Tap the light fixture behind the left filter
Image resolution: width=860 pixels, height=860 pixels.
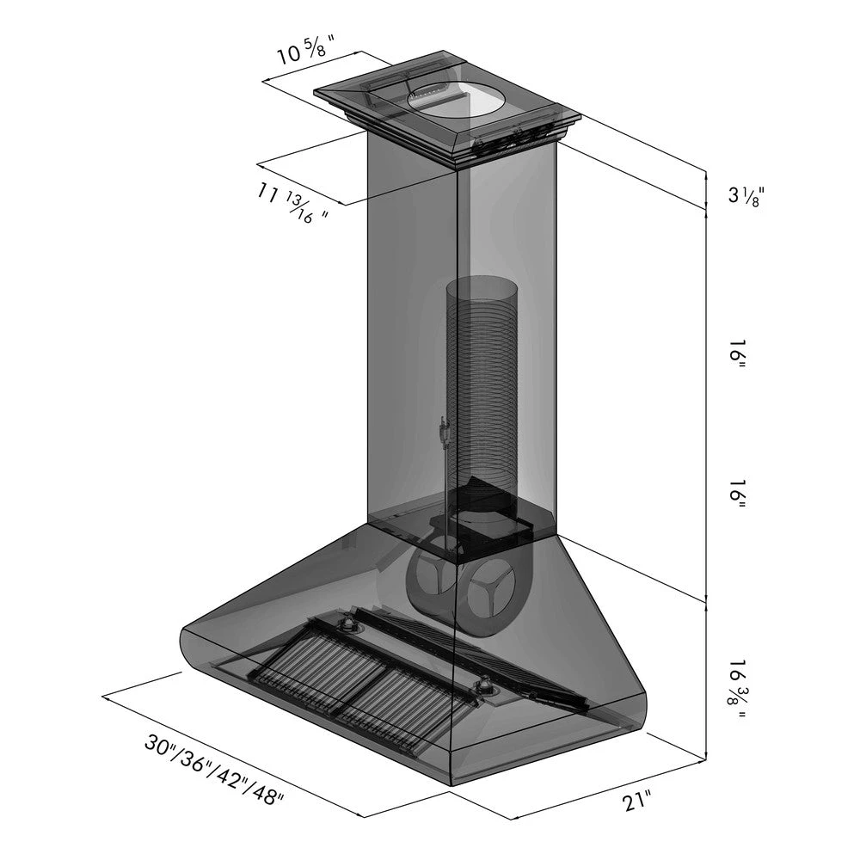pos(350,625)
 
